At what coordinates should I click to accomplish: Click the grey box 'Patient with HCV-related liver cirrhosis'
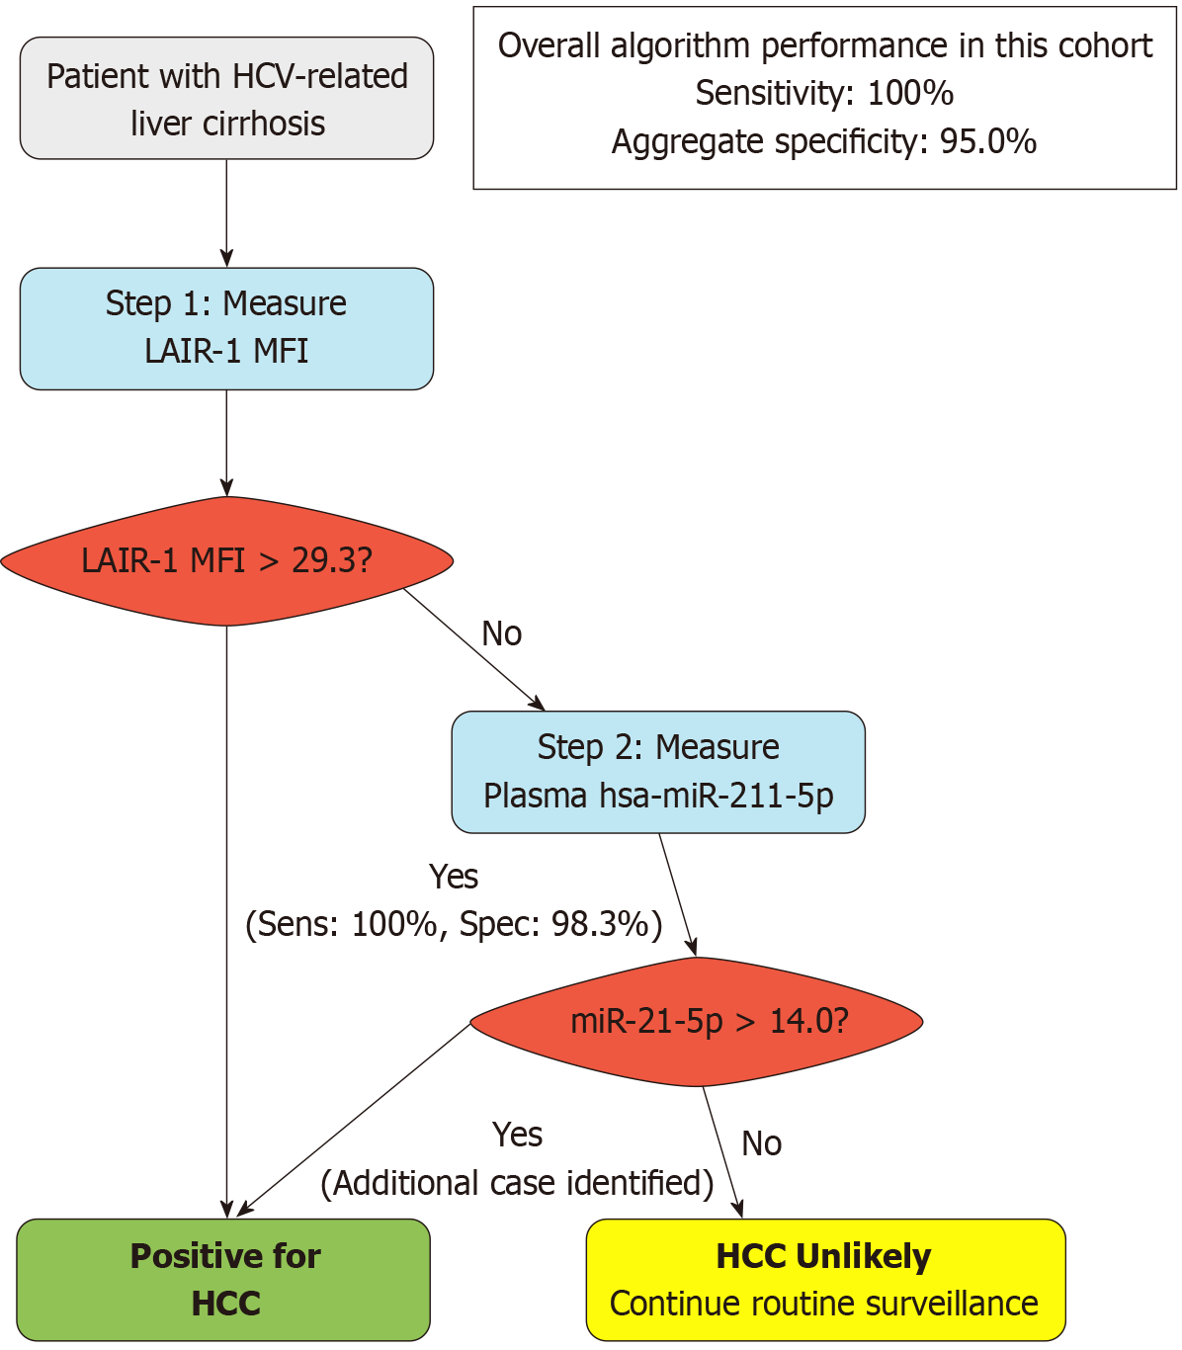coord(226,99)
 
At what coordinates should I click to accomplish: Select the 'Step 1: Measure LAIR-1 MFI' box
coord(226,328)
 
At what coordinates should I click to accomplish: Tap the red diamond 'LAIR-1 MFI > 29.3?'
coord(226,560)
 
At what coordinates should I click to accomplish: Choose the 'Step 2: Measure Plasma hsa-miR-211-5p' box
coord(658,772)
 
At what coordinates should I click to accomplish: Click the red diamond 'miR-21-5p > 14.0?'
coord(697,1021)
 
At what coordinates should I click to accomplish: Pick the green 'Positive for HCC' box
coord(224,1280)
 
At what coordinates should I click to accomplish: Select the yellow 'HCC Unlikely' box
coord(825,1280)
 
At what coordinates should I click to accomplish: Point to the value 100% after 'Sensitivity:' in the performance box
coord(910,94)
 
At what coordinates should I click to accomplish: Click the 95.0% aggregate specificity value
coord(987,142)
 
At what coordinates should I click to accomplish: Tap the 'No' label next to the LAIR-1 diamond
coord(502,633)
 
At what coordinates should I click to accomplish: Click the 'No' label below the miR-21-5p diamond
coord(762,1143)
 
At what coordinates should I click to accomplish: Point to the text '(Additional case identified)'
coord(517,1183)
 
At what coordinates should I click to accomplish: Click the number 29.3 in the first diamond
coord(323,561)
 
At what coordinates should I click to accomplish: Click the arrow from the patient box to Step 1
coord(226,212)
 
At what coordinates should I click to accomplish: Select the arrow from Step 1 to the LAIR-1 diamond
coord(226,442)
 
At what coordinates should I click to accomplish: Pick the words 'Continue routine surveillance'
coord(824,1304)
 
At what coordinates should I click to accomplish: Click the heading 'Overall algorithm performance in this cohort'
coord(825,46)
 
